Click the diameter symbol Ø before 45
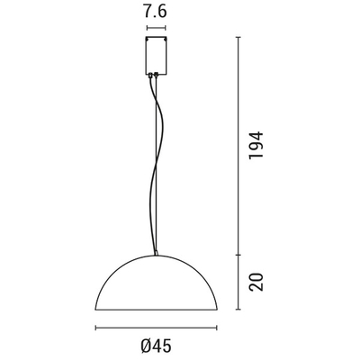(x=145, y=345)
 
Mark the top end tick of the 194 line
(x=238, y=37)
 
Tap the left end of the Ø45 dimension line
(x=95, y=328)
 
